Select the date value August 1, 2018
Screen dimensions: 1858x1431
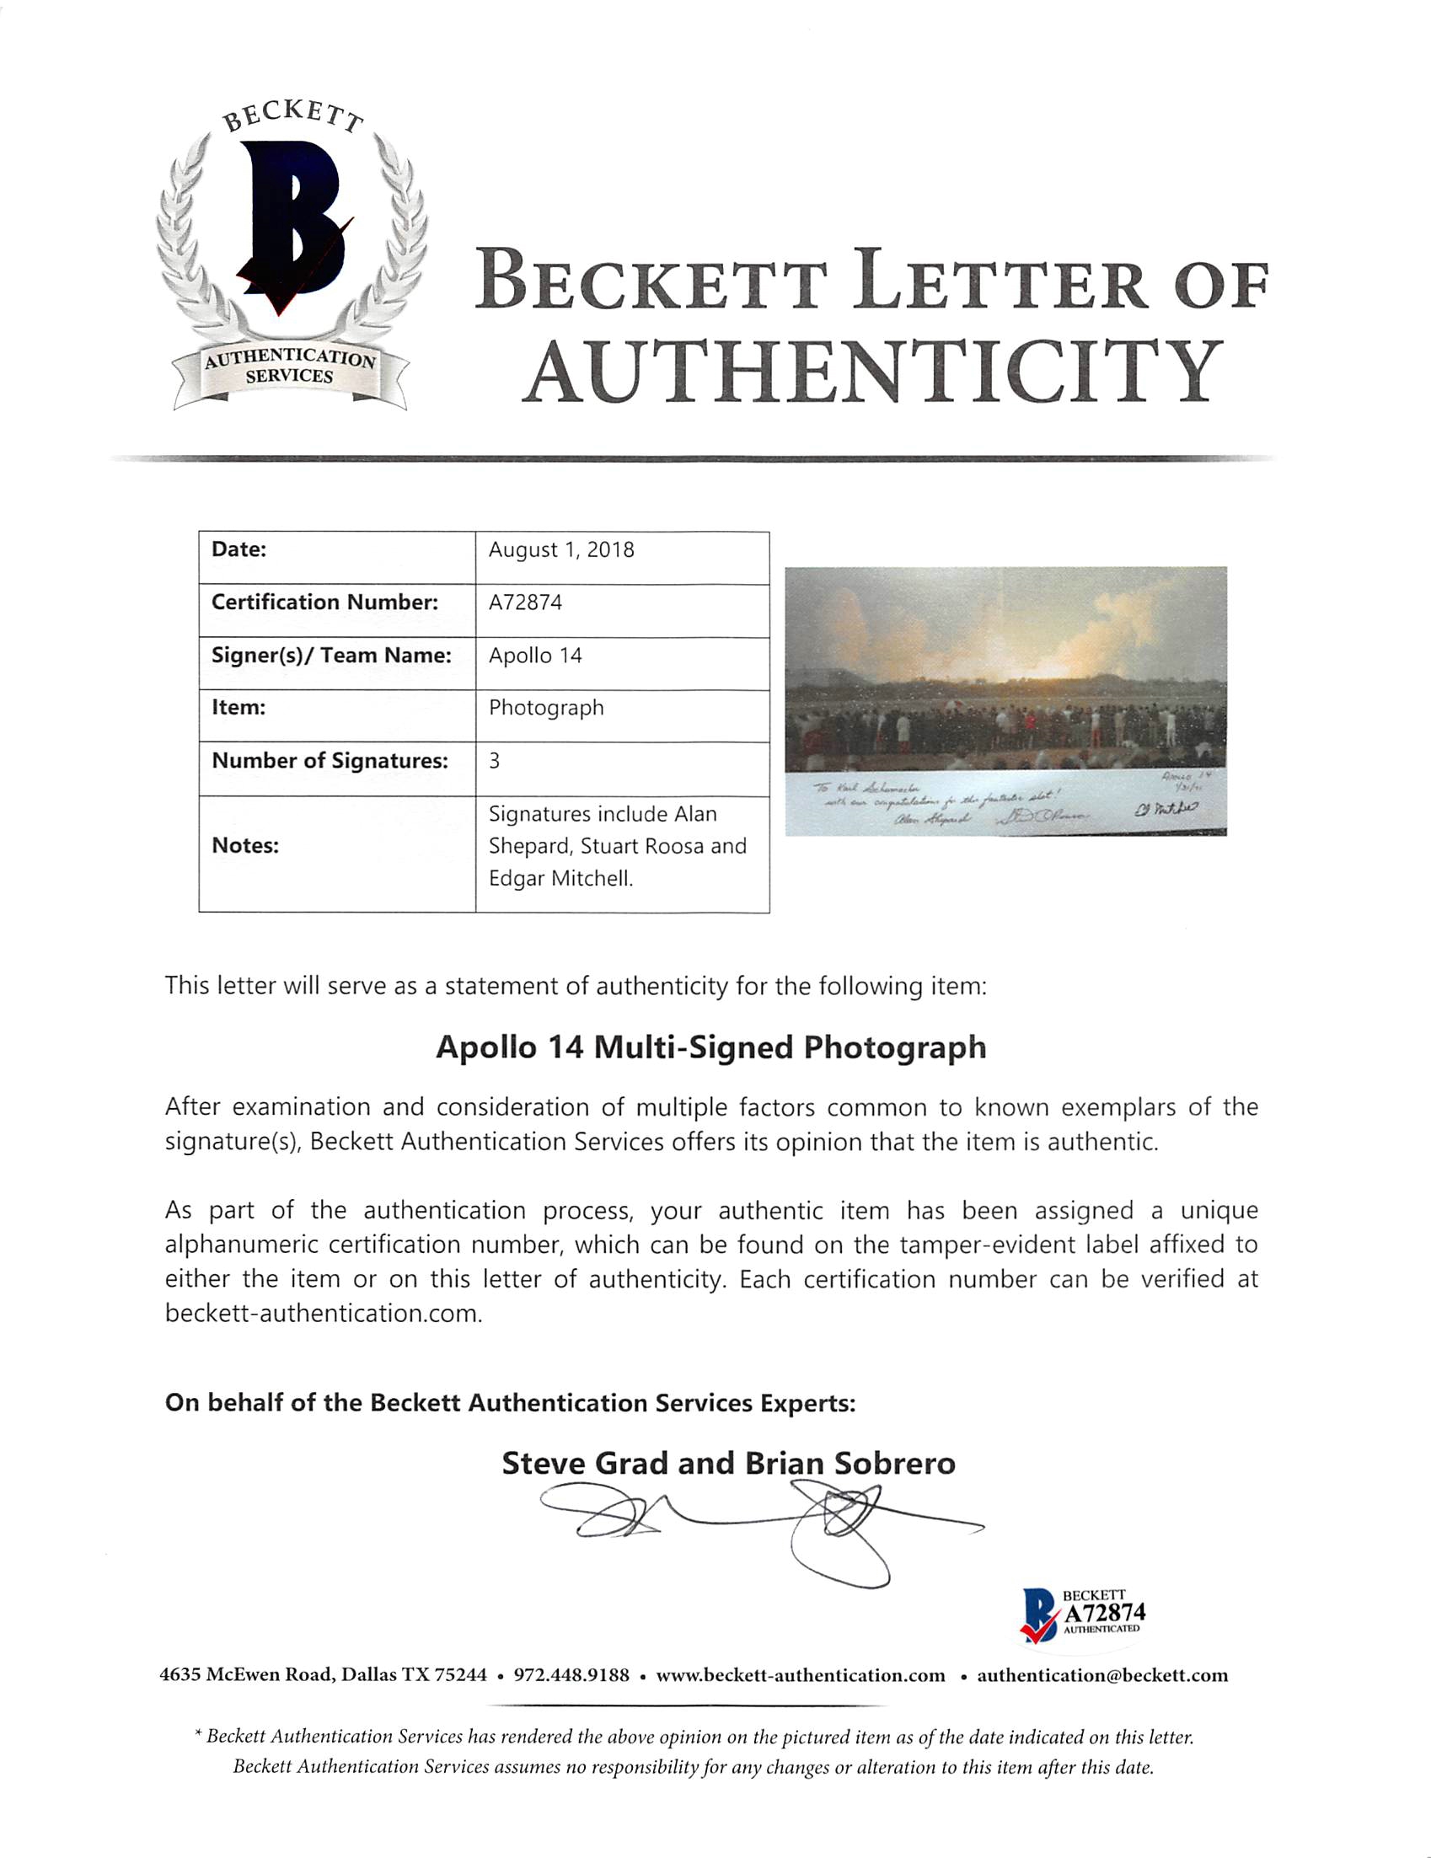click(560, 549)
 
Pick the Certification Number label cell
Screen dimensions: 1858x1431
click(324, 602)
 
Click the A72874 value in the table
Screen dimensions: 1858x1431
click(525, 602)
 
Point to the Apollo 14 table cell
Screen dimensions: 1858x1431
click(535, 655)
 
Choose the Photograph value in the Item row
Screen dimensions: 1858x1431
click(546, 708)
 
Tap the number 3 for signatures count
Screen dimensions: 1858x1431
click(495, 761)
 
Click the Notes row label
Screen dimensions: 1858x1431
click(245, 846)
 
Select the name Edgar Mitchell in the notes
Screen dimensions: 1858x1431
click(560, 878)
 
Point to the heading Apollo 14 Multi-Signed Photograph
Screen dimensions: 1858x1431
click(710, 1047)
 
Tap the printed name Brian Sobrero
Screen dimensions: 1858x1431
click(850, 1464)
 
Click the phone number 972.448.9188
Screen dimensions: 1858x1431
click(571, 1675)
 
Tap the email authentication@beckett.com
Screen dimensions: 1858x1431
click(1101, 1675)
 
